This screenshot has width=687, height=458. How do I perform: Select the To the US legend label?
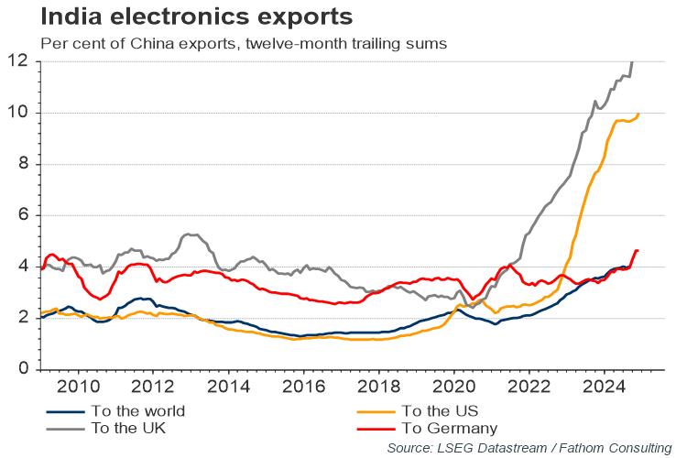[440, 410]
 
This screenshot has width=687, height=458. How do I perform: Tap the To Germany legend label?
[449, 428]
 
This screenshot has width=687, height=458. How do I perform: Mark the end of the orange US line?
[638, 114]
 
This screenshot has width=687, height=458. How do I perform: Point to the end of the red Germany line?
[638, 250]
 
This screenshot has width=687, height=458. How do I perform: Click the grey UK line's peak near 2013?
[190, 234]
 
